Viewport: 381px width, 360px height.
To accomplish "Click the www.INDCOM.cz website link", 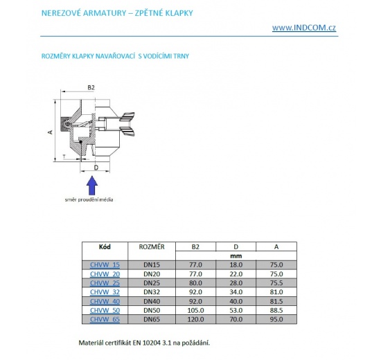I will coord(305,28).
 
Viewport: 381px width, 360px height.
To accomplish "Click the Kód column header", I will coord(105,246).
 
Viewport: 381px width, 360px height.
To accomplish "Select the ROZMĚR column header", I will coord(152,246).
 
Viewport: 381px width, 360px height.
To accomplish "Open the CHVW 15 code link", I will coord(105,264).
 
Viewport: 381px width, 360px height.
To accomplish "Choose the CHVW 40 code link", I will coord(105,300).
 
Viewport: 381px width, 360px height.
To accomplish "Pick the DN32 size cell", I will coord(152,291).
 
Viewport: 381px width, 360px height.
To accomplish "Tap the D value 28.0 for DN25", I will coord(236,282).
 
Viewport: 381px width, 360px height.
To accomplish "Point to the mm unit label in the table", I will coord(236,255).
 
